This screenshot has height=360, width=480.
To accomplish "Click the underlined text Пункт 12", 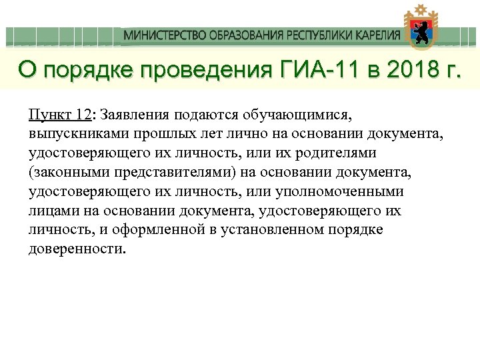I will pos(60,114).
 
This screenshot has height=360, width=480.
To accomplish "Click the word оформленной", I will pos(161,230).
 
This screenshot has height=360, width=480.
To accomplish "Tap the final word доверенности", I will pos(77,249).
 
